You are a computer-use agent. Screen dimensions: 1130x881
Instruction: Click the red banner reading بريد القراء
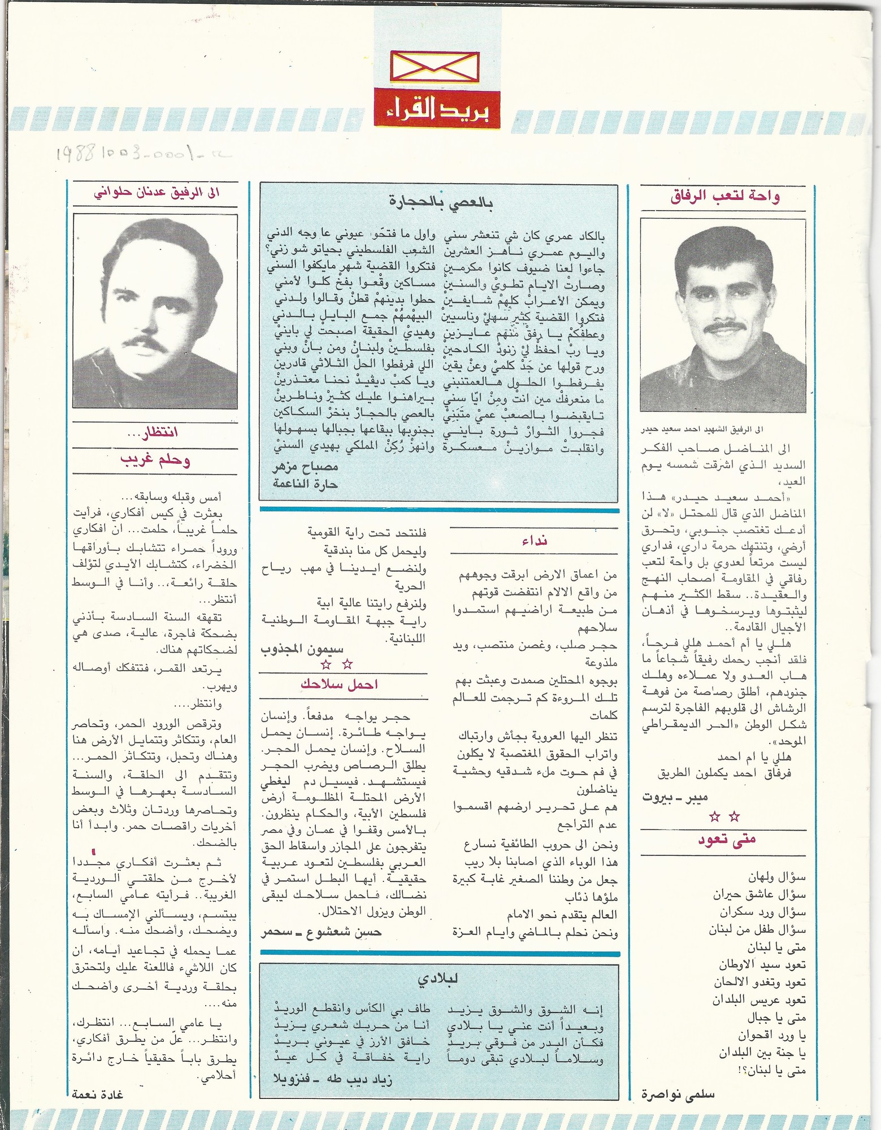436,110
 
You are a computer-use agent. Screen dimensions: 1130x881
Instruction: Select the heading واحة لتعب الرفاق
725,197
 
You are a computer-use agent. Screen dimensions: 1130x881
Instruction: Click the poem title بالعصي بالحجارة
440,202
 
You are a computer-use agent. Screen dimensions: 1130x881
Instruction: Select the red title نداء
533,541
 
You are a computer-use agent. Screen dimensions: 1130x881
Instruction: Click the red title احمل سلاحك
339,684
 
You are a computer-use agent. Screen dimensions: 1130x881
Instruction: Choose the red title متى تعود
726,840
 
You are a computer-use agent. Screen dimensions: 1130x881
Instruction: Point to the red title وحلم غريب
155,460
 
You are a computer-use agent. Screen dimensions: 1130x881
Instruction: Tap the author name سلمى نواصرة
678,1094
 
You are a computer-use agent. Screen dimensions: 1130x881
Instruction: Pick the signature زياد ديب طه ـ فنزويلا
332,1080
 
